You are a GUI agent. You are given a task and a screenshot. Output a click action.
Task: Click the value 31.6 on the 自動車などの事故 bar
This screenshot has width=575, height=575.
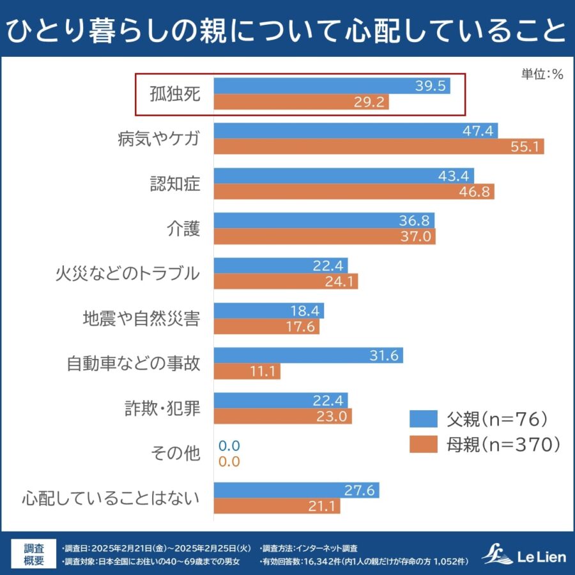[384, 356]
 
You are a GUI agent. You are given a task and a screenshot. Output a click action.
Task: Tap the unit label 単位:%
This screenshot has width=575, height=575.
[542, 74]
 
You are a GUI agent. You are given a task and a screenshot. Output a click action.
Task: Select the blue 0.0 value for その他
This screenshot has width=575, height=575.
[229, 446]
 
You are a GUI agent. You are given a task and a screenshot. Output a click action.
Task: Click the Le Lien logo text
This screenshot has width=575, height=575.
[542, 556]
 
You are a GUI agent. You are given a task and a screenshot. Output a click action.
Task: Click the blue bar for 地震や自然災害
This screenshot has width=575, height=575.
[268, 311]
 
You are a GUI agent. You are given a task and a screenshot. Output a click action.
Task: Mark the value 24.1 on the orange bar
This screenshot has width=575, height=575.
[339, 282]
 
